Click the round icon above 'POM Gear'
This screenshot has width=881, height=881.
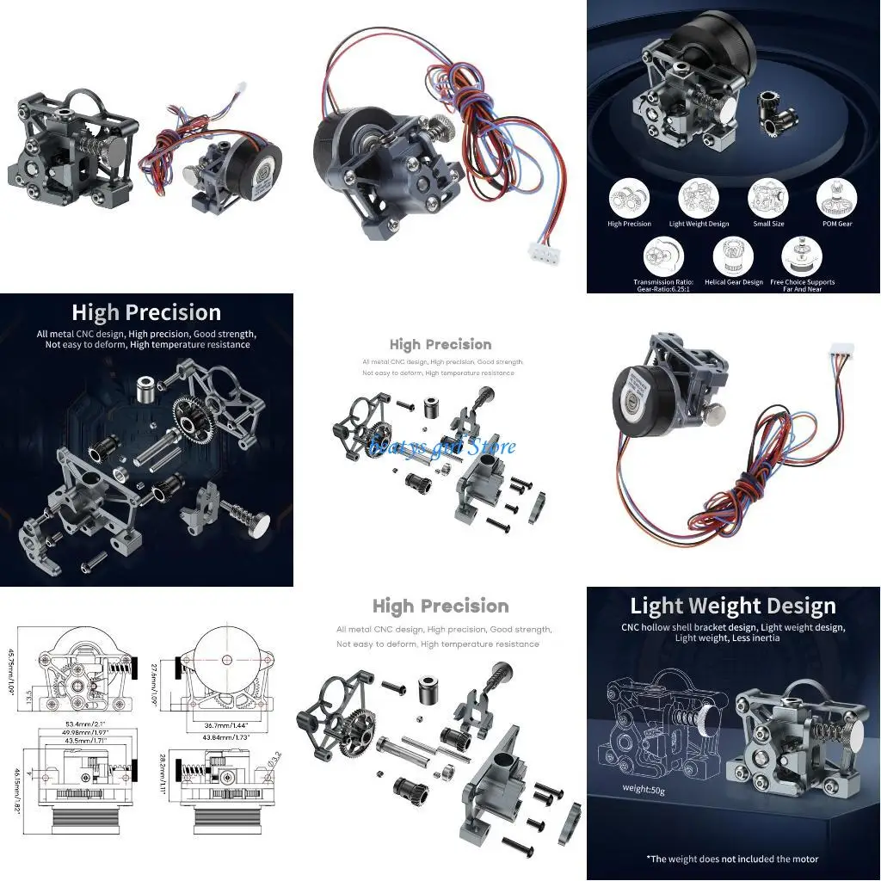836,197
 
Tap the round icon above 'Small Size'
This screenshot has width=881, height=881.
767,197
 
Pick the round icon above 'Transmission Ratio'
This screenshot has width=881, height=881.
662,256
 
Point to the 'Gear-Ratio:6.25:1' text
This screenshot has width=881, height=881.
662,289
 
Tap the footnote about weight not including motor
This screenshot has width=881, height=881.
731,858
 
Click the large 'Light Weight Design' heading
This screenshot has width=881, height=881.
732,606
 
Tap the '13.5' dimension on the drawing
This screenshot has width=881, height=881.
28,694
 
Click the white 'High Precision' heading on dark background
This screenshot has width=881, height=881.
145,312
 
